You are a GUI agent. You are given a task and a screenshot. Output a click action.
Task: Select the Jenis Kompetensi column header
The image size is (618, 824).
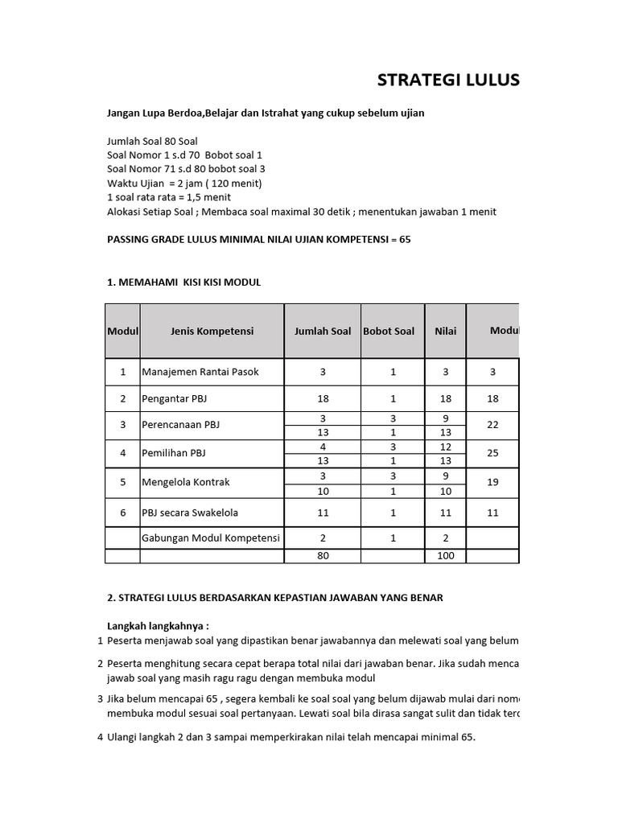click(212, 331)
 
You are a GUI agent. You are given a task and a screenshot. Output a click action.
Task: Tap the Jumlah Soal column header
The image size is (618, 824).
click(322, 331)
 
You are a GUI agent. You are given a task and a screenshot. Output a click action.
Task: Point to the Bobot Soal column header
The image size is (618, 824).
click(389, 331)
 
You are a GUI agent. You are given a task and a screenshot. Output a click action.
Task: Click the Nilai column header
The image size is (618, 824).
click(445, 331)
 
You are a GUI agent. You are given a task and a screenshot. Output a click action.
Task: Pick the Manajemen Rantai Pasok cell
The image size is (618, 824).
click(200, 372)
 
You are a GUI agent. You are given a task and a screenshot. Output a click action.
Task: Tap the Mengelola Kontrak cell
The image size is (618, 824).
click(186, 482)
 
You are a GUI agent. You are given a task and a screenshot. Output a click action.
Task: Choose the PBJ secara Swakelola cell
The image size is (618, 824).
click(190, 513)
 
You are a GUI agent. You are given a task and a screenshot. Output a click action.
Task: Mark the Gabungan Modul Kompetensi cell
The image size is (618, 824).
click(211, 538)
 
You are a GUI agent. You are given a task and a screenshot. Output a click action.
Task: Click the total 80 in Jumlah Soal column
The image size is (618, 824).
click(323, 555)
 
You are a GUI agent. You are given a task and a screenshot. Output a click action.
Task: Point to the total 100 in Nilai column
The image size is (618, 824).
click(445, 555)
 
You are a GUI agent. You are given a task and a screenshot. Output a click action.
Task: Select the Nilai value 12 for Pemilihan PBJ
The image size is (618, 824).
click(445, 447)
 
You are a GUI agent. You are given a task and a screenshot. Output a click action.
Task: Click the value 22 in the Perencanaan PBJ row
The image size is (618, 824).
click(492, 425)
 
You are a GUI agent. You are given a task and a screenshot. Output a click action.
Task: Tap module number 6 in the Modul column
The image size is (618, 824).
click(123, 513)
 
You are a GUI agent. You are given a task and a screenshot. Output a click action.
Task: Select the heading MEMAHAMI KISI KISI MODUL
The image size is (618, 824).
click(184, 282)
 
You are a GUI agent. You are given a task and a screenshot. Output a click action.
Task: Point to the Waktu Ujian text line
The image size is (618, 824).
click(184, 183)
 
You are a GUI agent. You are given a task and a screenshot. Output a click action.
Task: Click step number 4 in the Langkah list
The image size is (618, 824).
click(100, 736)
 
